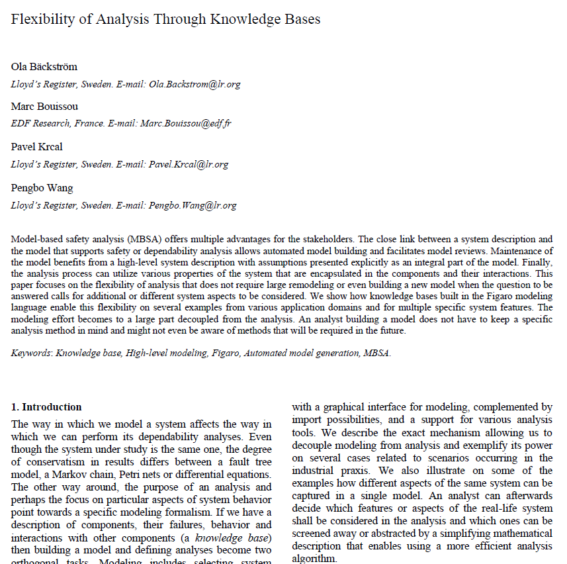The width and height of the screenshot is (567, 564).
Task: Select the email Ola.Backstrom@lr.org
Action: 195,84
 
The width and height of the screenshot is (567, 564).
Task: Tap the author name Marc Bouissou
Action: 44,107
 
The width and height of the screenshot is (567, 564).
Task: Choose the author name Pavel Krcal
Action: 37,147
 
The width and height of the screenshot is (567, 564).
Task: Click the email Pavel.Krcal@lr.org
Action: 189,164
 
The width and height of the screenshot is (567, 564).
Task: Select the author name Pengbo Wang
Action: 42,187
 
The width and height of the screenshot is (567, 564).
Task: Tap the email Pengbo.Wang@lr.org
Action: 193,205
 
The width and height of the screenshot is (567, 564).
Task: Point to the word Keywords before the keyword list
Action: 30,353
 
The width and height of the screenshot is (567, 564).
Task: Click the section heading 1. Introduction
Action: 46,407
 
